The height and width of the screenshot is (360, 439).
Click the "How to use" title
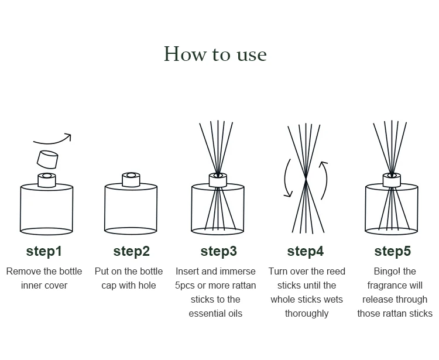tap(215, 54)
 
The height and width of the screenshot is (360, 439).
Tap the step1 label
tap(44, 251)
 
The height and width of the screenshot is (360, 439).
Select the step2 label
tap(131, 251)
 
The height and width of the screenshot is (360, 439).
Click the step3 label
tap(219, 251)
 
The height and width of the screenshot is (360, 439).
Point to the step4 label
tap(306, 251)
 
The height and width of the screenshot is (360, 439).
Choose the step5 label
tap(393, 251)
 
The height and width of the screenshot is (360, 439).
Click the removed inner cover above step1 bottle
tap(47, 160)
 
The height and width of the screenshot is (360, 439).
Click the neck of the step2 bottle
tap(131, 180)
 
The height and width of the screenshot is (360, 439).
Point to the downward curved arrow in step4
tap(285, 179)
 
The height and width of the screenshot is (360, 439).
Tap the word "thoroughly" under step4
tap(307, 314)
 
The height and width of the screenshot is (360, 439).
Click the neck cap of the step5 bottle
tap(392, 180)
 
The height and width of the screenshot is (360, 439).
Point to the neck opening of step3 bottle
tap(218, 175)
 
